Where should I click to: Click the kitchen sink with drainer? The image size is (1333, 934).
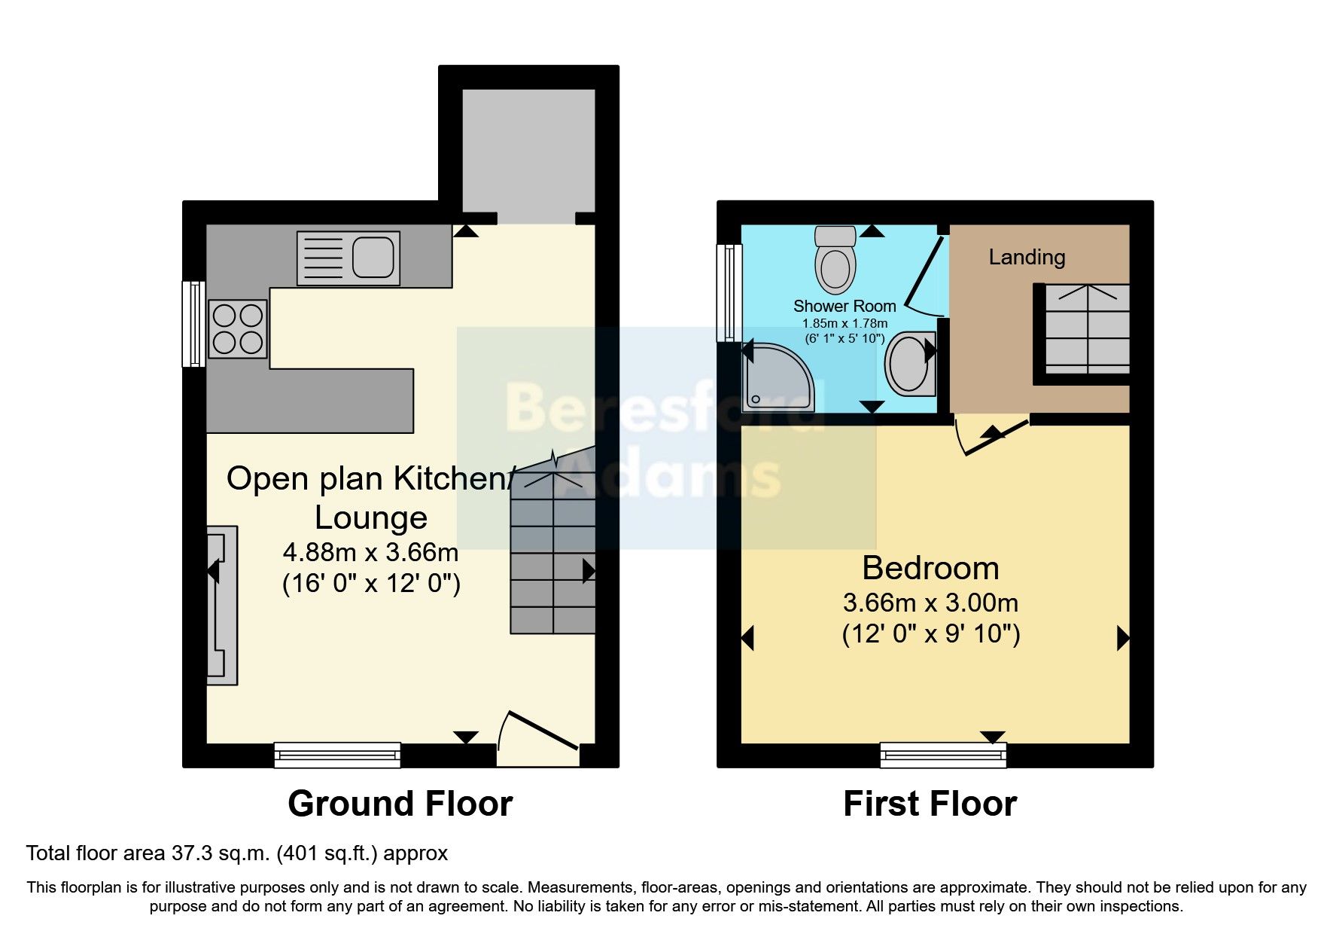(x=348, y=258)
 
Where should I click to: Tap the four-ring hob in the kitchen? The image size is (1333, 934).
(x=238, y=328)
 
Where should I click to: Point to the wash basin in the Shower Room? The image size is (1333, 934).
(x=909, y=364)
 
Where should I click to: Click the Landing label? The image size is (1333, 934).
(x=1027, y=258)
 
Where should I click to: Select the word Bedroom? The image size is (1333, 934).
(x=930, y=568)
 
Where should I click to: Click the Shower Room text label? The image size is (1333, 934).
(x=845, y=307)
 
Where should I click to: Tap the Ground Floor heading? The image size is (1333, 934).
(x=400, y=804)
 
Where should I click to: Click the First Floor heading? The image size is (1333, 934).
(x=930, y=804)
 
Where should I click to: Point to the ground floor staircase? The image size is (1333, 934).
(x=553, y=557)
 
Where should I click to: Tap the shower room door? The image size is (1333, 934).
(x=923, y=275)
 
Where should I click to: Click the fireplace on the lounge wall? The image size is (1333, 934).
(x=222, y=605)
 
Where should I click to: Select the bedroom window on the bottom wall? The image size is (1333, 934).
(x=942, y=754)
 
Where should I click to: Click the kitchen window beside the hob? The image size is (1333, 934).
(x=194, y=324)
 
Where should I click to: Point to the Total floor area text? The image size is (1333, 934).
(x=236, y=853)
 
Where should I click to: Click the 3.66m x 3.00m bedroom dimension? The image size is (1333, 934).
(x=930, y=603)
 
